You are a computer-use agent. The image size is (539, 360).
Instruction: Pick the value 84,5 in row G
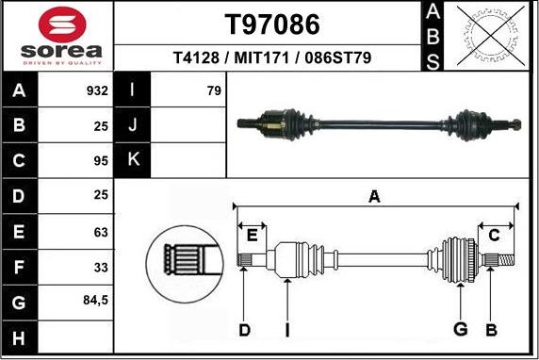tap(95, 302)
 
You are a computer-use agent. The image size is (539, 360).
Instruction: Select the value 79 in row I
tap(213, 91)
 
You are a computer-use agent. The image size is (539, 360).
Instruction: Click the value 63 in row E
tap(100, 232)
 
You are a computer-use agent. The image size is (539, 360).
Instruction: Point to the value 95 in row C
tap(100, 161)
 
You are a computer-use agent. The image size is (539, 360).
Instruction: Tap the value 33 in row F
tap(100, 268)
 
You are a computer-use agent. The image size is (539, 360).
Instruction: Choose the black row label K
tap(132, 161)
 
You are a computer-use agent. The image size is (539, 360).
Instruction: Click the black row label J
tap(132, 125)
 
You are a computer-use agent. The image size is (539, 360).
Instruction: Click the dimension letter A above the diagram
tap(374, 197)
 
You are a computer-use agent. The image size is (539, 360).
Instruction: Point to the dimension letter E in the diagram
tap(252, 234)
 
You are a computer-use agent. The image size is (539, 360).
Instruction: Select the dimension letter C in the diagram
tap(494, 235)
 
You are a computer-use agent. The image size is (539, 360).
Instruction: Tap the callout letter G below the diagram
tap(461, 329)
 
